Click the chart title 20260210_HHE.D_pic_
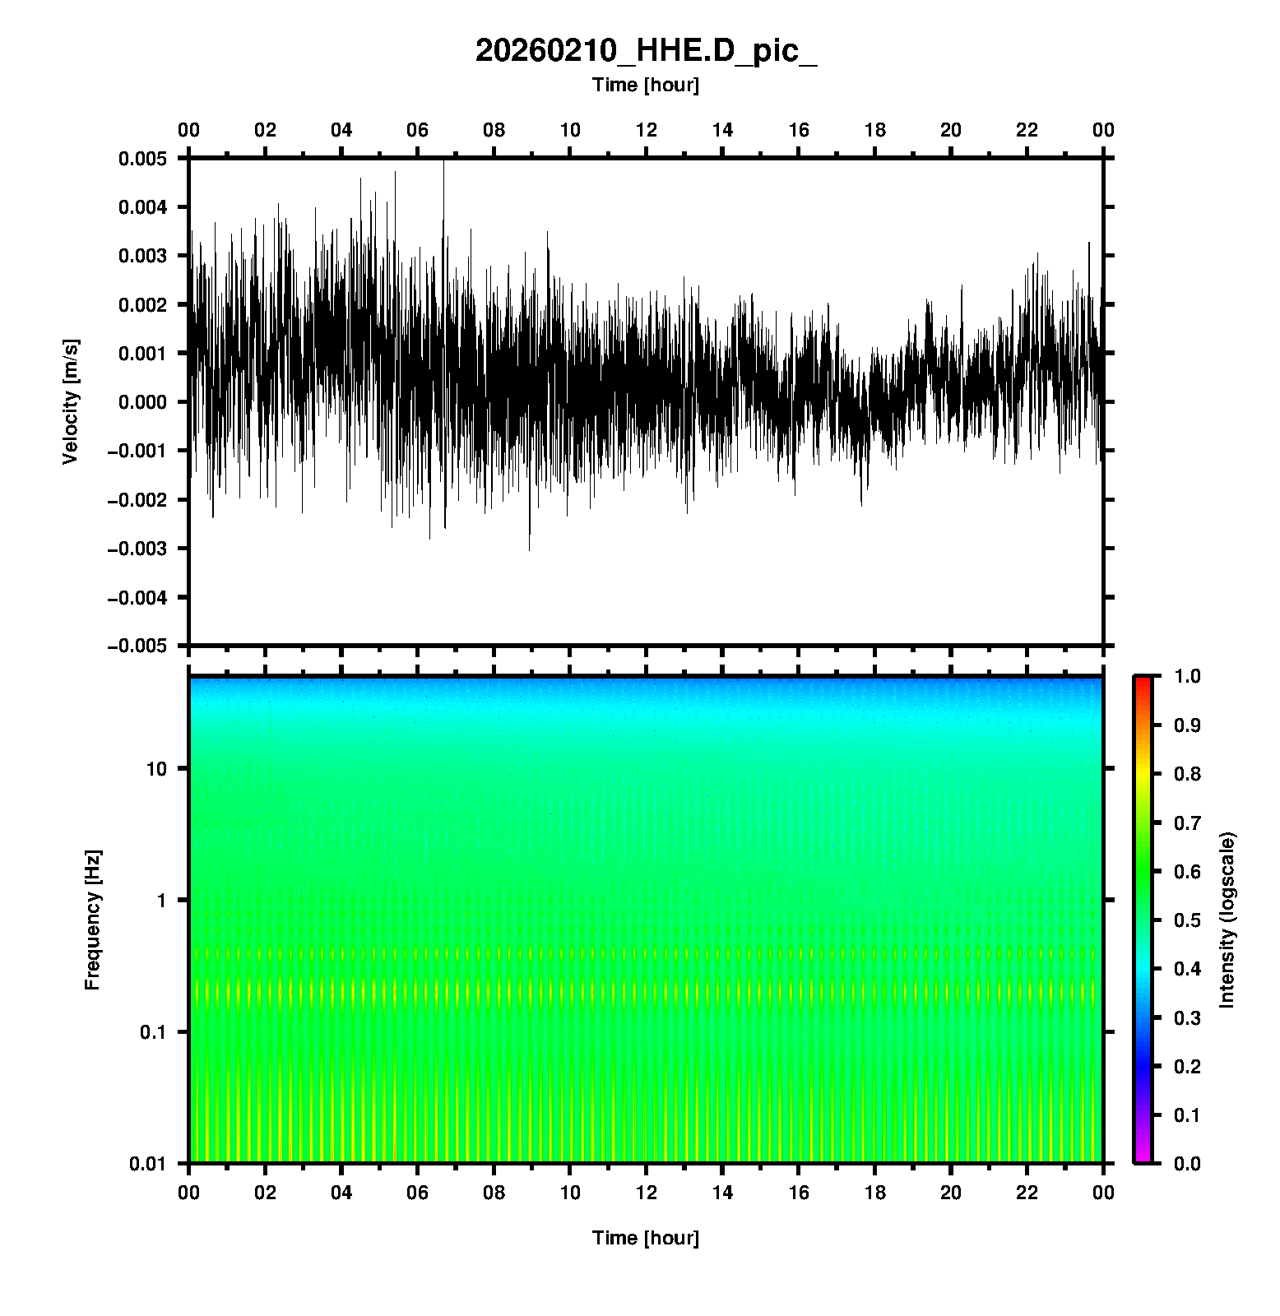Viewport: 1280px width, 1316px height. click(646, 51)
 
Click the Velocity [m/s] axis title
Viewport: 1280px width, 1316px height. click(71, 401)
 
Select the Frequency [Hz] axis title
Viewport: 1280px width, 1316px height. click(92, 920)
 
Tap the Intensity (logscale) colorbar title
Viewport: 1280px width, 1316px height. click(1227, 920)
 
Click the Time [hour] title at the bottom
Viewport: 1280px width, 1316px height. click(646, 1238)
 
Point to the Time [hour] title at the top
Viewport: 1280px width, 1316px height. click(646, 85)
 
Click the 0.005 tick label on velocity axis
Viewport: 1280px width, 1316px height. click(142, 159)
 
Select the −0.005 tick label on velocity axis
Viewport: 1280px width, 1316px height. click(137, 646)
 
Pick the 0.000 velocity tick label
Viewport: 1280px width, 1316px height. click(142, 402)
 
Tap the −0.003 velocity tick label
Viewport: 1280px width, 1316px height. click(137, 549)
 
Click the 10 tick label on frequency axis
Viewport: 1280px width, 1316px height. click(156, 769)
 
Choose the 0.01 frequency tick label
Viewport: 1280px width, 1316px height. click(148, 1163)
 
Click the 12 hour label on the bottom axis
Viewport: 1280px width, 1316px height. click(647, 1193)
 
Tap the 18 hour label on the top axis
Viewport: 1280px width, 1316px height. click(875, 130)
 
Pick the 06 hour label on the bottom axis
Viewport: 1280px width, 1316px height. click(418, 1193)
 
